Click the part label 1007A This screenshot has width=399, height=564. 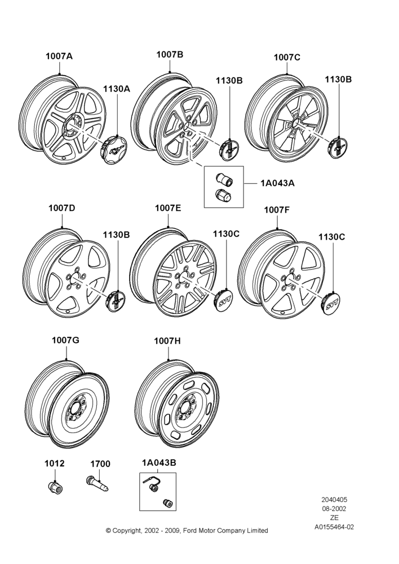point(59,56)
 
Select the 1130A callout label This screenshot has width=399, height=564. point(117,89)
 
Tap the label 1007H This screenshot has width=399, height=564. point(167,341)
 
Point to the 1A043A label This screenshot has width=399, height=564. point(277,183)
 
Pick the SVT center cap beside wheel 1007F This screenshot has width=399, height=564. point(330,303)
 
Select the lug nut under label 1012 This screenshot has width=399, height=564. point(55,487)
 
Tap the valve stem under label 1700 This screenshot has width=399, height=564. point(97,483)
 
